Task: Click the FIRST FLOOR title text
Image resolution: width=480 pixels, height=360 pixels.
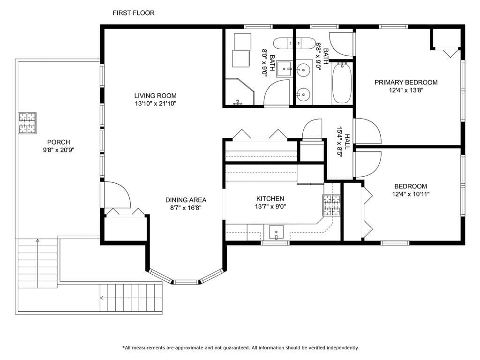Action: (134, 13)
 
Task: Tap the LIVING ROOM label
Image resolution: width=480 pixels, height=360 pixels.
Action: (156, 96)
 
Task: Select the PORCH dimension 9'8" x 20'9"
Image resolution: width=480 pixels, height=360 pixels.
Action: (59, 150)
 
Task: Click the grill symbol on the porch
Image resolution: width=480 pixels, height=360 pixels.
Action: (27, 123)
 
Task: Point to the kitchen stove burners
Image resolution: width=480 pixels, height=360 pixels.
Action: (331, 205)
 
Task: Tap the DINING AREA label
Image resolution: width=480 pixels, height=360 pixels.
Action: (186, 200)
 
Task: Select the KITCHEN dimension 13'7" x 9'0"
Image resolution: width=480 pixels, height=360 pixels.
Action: (270, 206)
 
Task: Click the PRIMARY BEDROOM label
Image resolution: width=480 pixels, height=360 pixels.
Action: (406, 82)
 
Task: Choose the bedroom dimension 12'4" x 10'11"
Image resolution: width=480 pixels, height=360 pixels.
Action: (411, 194)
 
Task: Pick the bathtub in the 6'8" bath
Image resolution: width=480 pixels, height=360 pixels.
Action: (342, 83)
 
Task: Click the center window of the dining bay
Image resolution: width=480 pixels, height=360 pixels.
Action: (186, 282)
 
